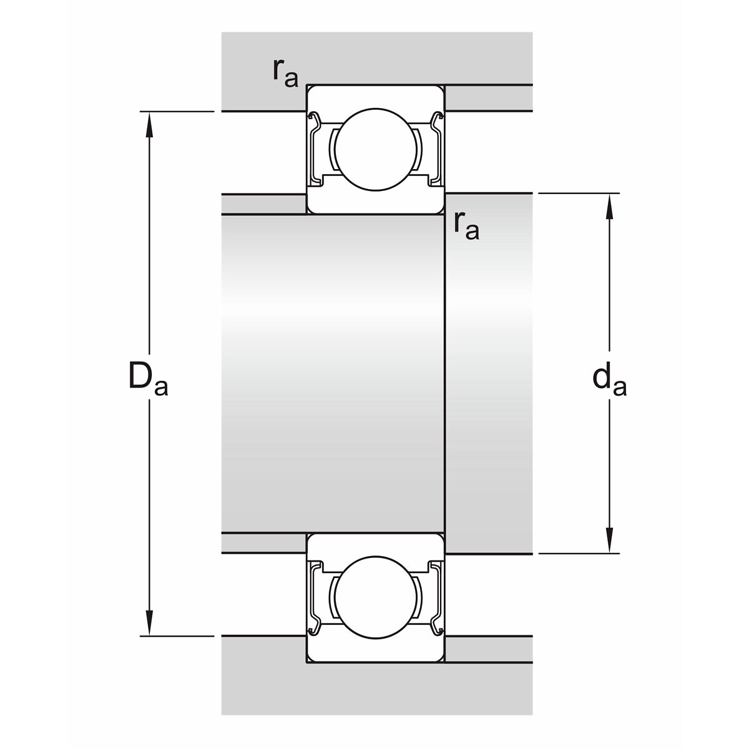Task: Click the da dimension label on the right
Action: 609,379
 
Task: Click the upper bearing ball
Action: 376,150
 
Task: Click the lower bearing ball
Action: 376,597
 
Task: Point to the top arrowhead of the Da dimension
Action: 149,124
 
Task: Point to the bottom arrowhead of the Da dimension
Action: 149,623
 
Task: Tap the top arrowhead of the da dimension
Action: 609,207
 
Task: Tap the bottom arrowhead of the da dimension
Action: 609,541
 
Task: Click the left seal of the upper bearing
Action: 316,149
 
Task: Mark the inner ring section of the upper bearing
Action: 376,202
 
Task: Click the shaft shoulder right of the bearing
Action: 489,373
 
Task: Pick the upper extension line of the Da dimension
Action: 177,112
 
